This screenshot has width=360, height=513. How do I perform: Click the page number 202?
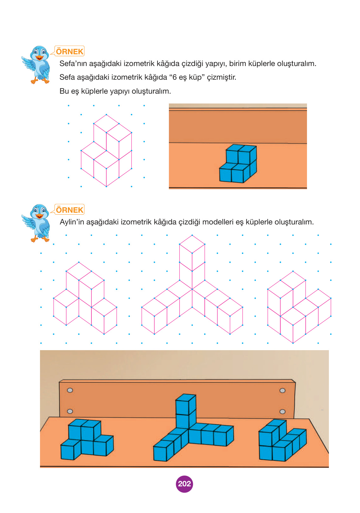[x=184, y=483]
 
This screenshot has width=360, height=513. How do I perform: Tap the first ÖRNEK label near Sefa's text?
[x=70, y=51]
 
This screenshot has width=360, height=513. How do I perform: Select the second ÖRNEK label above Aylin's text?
[x=70, y=210]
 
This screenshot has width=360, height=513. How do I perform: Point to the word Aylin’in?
[x=72, y=222]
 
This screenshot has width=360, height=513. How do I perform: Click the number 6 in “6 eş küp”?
[x=175, y=77]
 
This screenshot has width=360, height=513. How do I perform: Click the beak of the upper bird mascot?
[x=39, y=58]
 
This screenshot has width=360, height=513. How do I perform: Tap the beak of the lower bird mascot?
[x=39, y=216]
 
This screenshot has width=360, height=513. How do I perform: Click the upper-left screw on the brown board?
[x=70, y=390]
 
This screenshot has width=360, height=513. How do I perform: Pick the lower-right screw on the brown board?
[x=282, y=411]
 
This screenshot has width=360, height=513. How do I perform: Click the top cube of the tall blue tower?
[x=186, y=404]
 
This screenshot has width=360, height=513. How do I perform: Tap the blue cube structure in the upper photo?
[x=238, y=163]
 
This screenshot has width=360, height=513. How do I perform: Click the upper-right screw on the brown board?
[x=282, y=390]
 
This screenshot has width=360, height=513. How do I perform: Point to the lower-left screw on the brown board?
[x=70, y=411]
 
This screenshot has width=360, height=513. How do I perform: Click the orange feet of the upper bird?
[x=40, y=81]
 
